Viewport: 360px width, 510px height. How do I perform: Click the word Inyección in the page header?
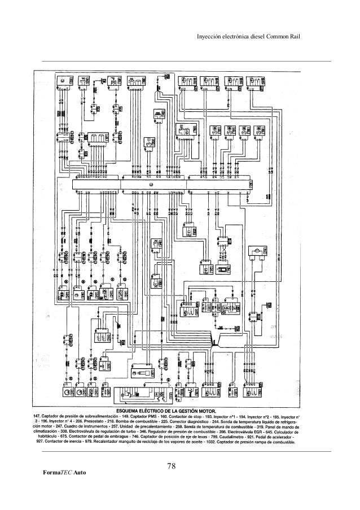pyautogui.click(x=208, y=38)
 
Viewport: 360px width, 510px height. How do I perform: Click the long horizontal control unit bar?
pyautogui.click(x=161, y=184)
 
